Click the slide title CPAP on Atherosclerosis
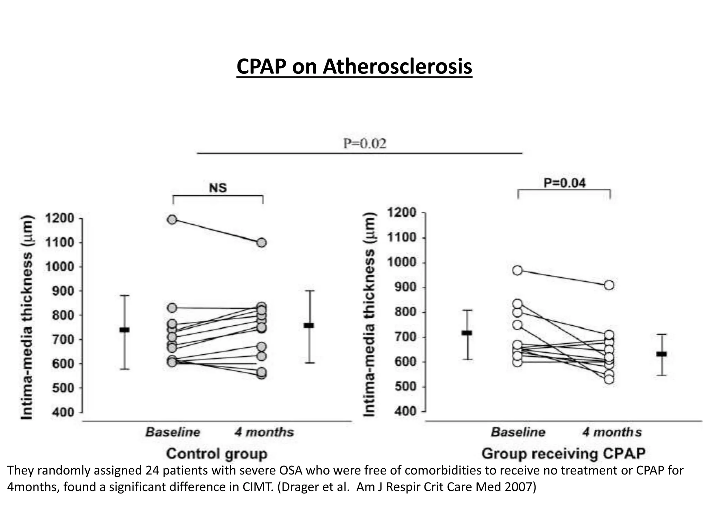[x=354, y=66]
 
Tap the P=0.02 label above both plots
[x=365, y=143]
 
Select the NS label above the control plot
[x=218, y=188]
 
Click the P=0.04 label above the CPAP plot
[x=565, y=183]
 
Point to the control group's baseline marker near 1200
[x=172, y=219]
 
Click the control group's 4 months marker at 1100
[x=262, y=242]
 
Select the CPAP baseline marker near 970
[x=518, y=271]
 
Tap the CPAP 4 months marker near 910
[x=609, y=285]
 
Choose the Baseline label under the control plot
[x=173, y=432]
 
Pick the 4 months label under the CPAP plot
[x=612, y=432]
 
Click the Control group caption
[x=217, y=454]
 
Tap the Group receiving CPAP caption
[x=563, y=453]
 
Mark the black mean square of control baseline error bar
[x=124, y=330]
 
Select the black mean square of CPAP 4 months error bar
[x=662, y=354]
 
